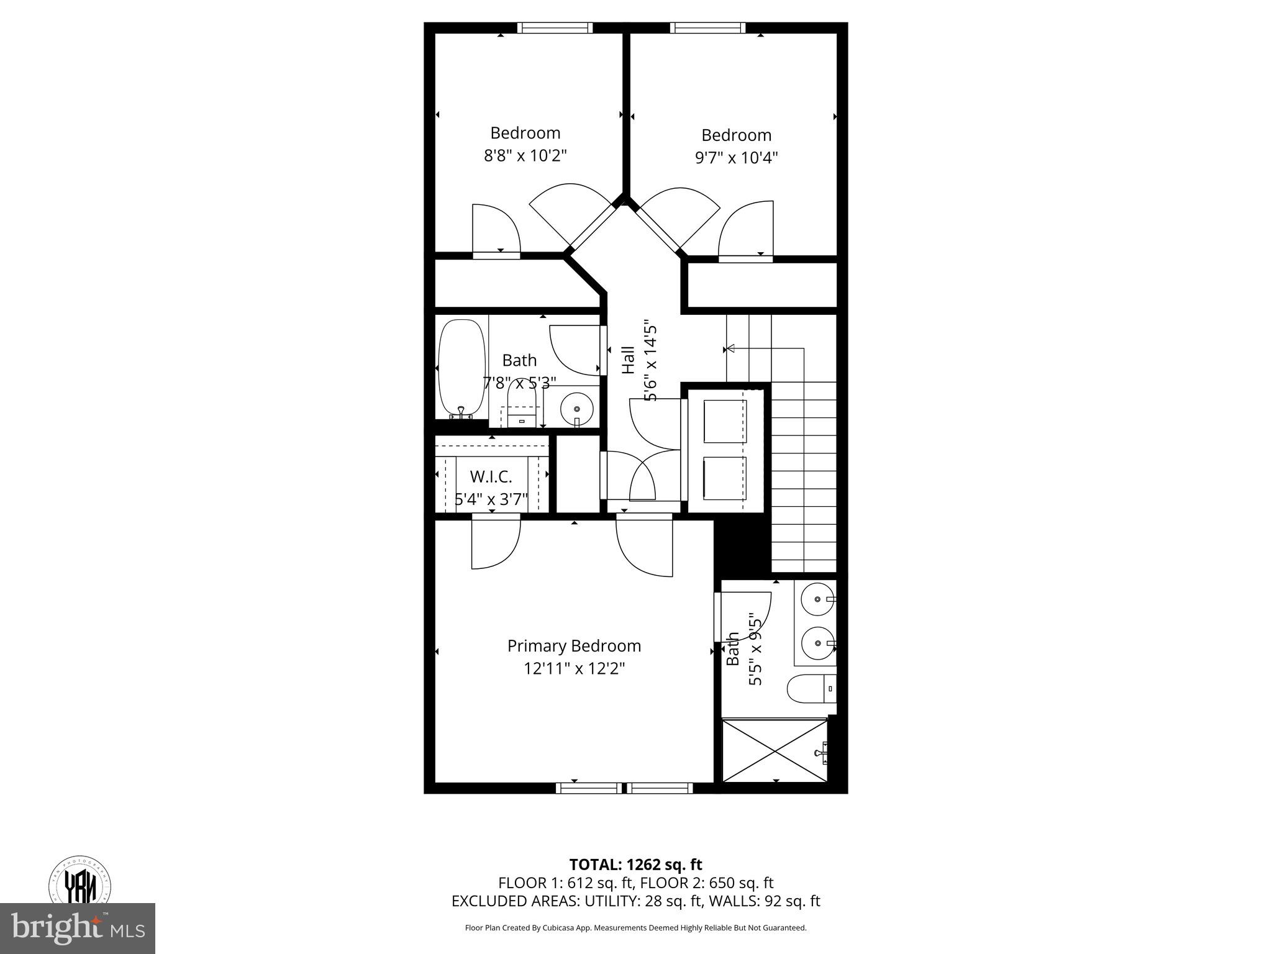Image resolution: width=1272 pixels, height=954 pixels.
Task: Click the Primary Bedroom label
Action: click(574, 646)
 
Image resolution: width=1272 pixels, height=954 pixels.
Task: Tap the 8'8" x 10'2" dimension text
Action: click(525, 155)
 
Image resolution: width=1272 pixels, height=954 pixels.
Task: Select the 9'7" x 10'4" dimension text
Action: click(736, 158)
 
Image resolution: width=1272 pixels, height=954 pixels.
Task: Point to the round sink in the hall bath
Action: click(577, 408)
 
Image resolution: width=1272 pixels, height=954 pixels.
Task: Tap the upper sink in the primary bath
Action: click(817, 599)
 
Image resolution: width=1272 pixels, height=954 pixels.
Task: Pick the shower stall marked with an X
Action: click(775, 750)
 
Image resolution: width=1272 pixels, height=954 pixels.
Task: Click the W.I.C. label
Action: click(491, 477)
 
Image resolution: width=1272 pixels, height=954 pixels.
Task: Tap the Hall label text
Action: click(629, 360)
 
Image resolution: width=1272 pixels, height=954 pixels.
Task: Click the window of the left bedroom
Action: click(555, 27)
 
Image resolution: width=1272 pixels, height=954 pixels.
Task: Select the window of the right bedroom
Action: click(707, 27)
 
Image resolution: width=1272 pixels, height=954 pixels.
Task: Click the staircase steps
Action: click(804, 478)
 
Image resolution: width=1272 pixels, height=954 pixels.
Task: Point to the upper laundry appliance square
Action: click(725, 421)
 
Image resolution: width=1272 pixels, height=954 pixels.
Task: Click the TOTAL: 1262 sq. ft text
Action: click(635, 865)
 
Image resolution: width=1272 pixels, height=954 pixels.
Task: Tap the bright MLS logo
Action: click(78, 928)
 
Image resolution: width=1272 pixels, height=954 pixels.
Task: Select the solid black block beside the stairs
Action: click(742, 546)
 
